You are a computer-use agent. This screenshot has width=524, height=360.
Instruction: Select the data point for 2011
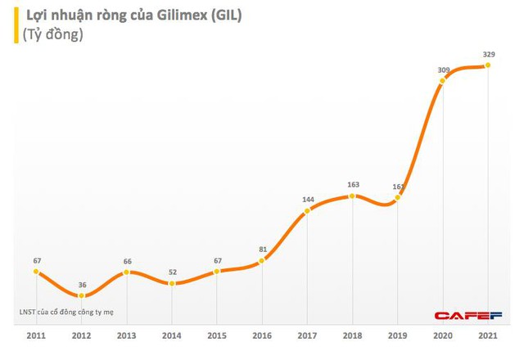pyautogui.click(x=38, y=272)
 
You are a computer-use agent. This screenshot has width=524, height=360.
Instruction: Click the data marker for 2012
pyautogui.click(x=83, y=296)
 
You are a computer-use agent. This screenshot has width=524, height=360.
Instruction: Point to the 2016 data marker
pyautogui.click(x=262, y=261)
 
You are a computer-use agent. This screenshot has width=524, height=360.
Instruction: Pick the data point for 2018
pyautogui.click(x=352, y=196)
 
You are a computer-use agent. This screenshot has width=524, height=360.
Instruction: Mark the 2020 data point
pyautogui.click(x=444, y=80)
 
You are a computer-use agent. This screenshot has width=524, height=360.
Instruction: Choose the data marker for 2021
pyautogui.click(x=489, y=65)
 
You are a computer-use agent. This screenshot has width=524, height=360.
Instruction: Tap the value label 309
pyautogui.click(x=444, y=70)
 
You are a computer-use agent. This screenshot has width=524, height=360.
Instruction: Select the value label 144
pyautogui.click(x=308, y=200)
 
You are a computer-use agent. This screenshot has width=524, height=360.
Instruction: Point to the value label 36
pyautogui.click(x=83, y=286)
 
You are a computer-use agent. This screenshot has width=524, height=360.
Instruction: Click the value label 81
pyautogui.click(x=262, y=250)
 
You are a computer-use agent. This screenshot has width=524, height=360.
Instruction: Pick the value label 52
pyautogui.click(x=172, y=272)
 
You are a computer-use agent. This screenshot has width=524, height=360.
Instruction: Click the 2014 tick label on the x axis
pyautogui.click(x=172, y=335)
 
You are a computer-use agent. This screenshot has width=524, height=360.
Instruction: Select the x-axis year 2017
pyautogui.click(x=308, y=335)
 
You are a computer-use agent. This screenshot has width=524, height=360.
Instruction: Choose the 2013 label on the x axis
pyautogui.click(x=128, y=335)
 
